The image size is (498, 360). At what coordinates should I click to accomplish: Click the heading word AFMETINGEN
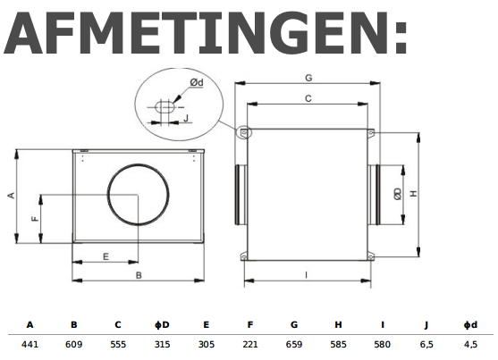206,36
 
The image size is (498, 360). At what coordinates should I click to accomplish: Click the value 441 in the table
30,342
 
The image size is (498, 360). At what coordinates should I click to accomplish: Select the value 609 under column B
73,342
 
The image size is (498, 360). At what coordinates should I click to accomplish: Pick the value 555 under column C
118,342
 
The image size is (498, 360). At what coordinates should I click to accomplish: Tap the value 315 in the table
162,342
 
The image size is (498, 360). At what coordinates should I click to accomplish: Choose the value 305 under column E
206,342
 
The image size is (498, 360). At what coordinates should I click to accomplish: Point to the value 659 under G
294,342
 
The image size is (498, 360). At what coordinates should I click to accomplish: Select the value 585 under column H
338,342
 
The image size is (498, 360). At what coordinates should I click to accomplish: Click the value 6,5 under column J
426,342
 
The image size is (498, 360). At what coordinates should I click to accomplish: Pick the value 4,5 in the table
471,342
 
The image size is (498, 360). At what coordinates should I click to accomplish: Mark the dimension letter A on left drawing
11,195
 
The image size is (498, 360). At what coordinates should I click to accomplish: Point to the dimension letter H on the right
413,194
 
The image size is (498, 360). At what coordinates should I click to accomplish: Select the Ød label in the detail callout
196,83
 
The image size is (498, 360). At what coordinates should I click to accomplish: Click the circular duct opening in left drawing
137,195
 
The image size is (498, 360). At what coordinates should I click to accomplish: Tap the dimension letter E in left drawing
106,256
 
